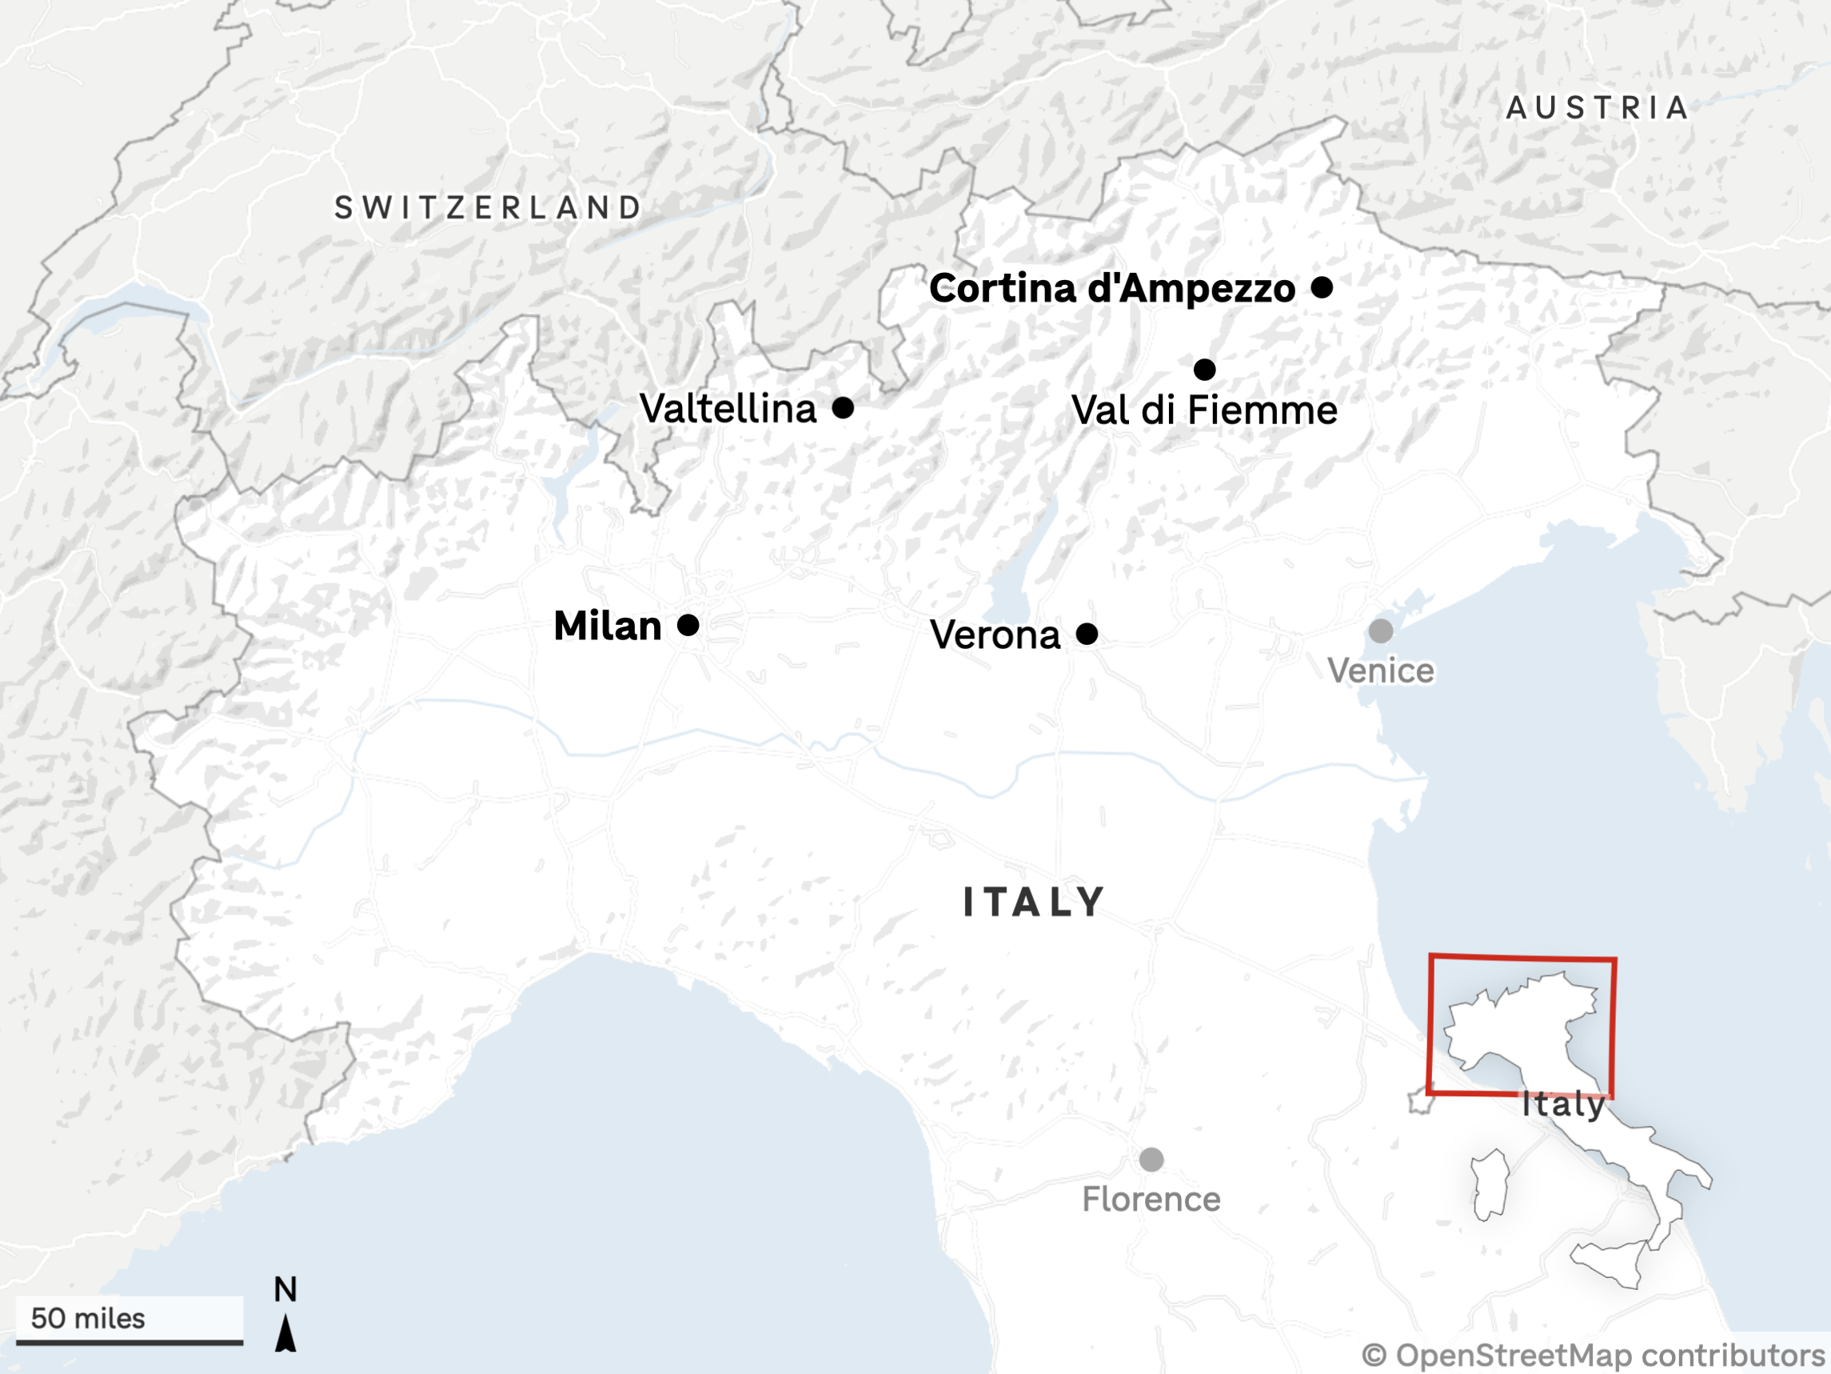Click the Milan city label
click(608, 626)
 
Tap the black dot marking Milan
click(688, 625)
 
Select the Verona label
click(995, 635)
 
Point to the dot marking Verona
click(1087, 635)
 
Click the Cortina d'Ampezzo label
click(1111, 288)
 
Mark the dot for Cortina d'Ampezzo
click(1322, 287)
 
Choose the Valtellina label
click(728, 408)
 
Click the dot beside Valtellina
click(843, 407)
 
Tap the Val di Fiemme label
click(1203, 411)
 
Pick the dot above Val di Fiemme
click(1204, 369)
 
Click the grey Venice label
click(1381, 671)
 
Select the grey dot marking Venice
click(1380, 631)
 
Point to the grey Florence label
click(1151, 1200)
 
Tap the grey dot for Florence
click(1151, 1160)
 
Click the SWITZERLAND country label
click(489, 208)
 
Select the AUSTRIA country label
click(1597, 108)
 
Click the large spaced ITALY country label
click(1034, 902)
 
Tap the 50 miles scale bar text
click(88, 1319)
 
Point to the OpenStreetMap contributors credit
click(1594, 1356)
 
